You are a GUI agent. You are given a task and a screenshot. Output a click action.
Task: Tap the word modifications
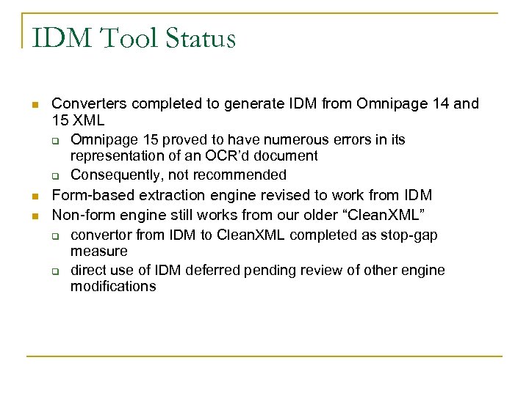pyautogui.click(x=113, y=286)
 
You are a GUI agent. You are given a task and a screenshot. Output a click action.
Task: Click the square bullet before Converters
pyautogui.click(x=34, y=106)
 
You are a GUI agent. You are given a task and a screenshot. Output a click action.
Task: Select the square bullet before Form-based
pyautogui.click(x=34, y=197)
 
